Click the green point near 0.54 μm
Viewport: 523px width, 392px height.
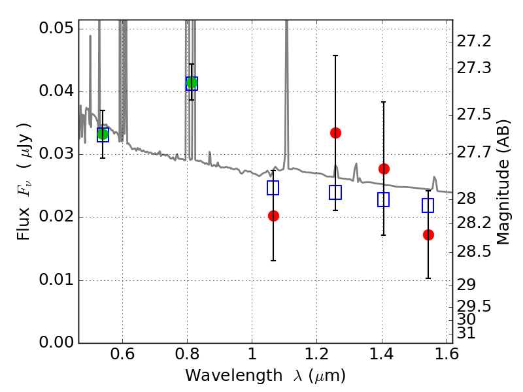(x=103, y=135)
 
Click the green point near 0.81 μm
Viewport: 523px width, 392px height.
(x=192, y=83)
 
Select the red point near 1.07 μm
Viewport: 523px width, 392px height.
(x=273, y=216)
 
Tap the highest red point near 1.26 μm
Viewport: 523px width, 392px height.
(x=335, y=133)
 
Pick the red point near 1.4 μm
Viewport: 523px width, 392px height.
(x=384, y=169)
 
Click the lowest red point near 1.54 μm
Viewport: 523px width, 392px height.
(x=428, y=235)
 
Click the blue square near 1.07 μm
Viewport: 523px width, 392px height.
(x=273, y=188)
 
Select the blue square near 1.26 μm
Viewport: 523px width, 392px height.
(x=335, y=192)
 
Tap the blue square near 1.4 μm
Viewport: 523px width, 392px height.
(x=384, y=199)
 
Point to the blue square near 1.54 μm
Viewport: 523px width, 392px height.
(x=428, y=205)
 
